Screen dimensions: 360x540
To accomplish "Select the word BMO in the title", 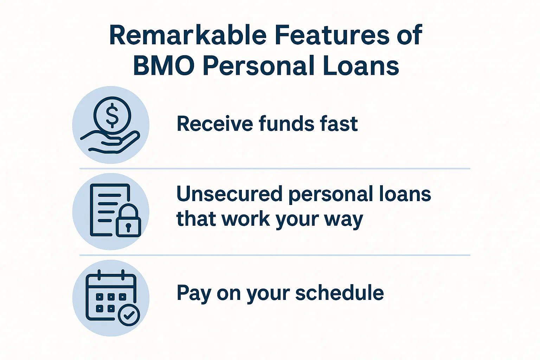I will pos(163,66).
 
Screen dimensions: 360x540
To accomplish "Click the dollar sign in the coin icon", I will pos(112,115).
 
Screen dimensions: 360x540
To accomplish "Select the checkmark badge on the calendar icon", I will pos(129,315).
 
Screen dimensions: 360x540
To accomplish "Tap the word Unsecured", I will pos(229,194).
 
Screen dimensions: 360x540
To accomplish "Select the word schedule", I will pos(339,292).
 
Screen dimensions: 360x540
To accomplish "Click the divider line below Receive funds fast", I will pos(274,169).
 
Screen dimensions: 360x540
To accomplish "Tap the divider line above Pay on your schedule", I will pos(274,255).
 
